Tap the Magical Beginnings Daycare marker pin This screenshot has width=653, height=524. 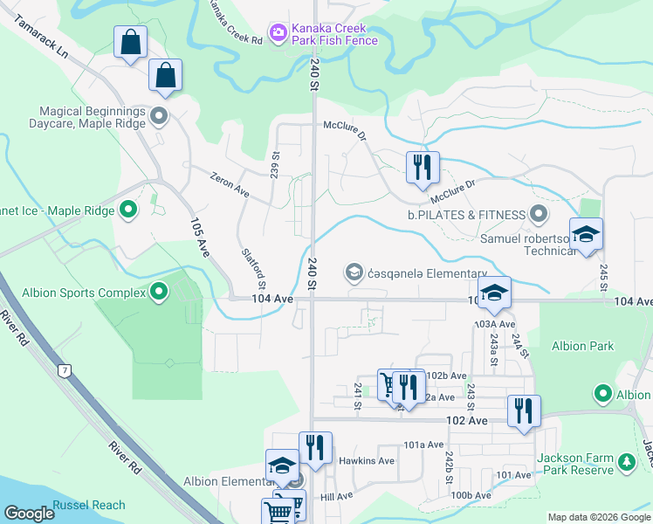click(159, 115)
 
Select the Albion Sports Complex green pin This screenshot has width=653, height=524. click(159, 292)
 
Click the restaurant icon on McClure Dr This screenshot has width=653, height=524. click(423, 166)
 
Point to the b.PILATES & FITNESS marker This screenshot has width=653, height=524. click(539, 214)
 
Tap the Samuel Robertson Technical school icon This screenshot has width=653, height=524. click(586, 234)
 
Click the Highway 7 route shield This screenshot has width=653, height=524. click(65, 370)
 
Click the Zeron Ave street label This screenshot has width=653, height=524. click(230, 185)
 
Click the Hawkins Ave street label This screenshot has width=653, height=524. click(367, 460)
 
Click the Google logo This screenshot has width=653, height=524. click(29, 514)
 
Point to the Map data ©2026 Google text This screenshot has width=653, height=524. click(598, 517)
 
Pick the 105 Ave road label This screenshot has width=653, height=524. click(200, 237)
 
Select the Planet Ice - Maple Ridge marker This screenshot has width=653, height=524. click(128, 210)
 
